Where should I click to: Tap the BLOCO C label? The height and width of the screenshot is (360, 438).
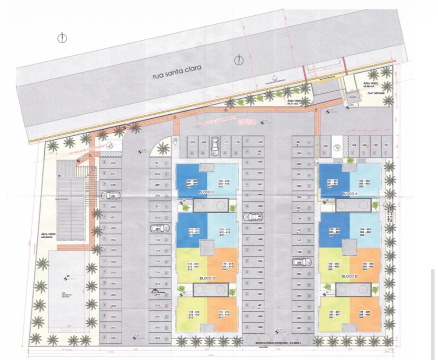(206, 192)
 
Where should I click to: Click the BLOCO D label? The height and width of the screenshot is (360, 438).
(206, 278)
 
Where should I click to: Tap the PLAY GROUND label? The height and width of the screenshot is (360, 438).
(376, 93)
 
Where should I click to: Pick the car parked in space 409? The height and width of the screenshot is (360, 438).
(160, 228)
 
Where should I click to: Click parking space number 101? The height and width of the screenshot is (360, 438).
(386, 145)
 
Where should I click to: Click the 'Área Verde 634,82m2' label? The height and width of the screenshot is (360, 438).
(47, 236)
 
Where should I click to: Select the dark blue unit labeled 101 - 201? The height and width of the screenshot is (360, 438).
(334, 182)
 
